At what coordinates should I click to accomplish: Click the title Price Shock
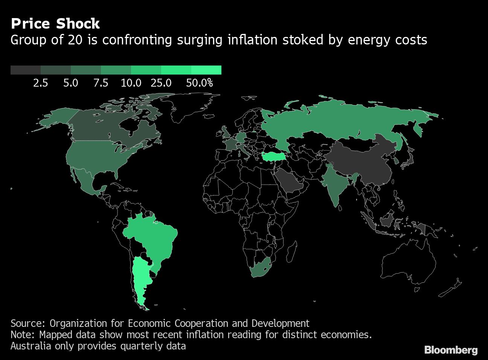click(x=55, y=24)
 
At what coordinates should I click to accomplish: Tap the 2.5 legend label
click(x=40, y=83)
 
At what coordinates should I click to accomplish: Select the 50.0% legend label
click(x=199, y=83)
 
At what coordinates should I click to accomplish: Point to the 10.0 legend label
click(x=131, y=83)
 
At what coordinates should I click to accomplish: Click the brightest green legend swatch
click(x=206, y=70)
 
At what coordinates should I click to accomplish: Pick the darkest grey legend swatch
click(x=25, y=70)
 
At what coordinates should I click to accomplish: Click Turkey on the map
click(x=272, y=156)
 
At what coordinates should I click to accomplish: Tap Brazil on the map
click(x=151, y=237)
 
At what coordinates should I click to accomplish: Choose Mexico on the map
click(x=85, y=181)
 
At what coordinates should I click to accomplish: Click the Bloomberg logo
click(x=451, y=350)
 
